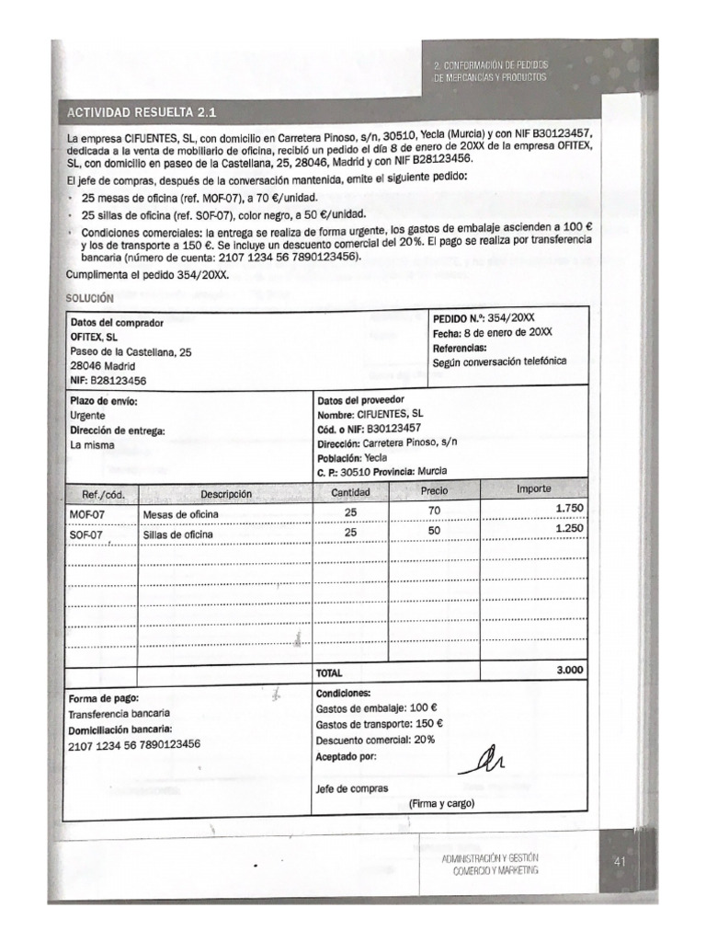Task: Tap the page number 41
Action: coord(618,862)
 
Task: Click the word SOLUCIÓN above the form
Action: coord(89,299)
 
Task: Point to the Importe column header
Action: coord(536,488)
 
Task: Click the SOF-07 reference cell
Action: coord(86,534)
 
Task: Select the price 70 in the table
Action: coord(434,510)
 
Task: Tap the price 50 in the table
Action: coord(434,531)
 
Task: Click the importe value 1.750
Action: coord(569,508)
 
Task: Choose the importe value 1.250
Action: coord(569,528)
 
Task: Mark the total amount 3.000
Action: coord(570,671)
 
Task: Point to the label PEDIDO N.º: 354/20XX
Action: coord(483,316)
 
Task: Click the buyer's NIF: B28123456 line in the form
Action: coord(108,379)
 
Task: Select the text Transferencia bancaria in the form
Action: coord(119,714)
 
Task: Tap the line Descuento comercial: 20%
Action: coord(369,740)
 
